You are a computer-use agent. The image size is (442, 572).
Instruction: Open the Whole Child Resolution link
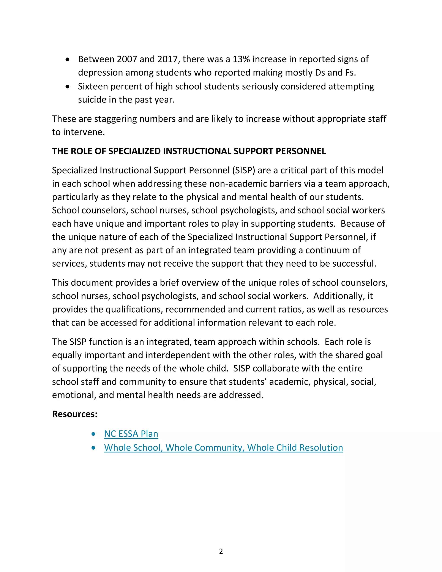pos(223,448)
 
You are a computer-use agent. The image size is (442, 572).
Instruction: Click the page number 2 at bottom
pos(221,551)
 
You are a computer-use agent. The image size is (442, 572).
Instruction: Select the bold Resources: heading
pos(75,414)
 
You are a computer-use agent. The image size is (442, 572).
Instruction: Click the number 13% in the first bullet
pos(241,59)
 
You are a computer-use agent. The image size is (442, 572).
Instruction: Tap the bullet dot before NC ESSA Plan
pos(93,434)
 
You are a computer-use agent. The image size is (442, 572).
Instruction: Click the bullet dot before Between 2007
pos(68,60)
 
